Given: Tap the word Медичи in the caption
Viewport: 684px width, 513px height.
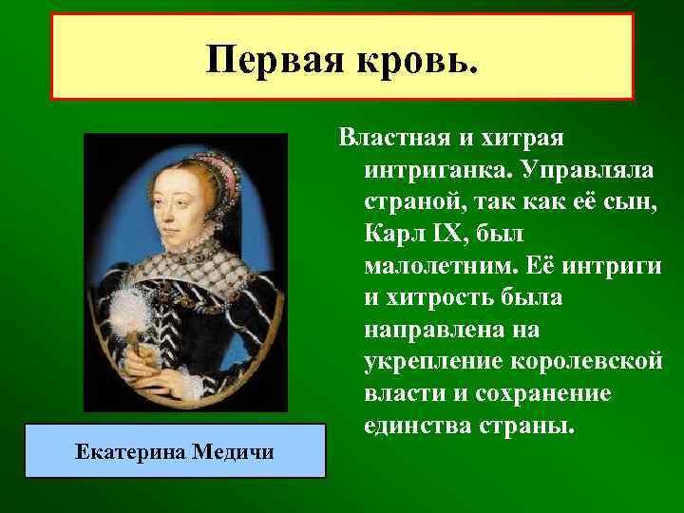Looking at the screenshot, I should (x=233, y=450).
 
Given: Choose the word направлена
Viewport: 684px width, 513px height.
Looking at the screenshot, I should (x=440, y=330).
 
